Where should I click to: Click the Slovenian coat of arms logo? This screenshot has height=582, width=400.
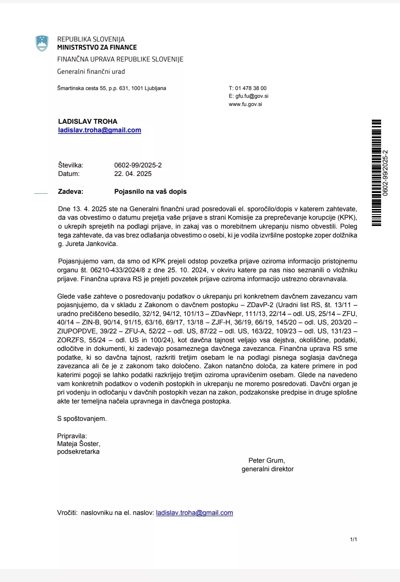tap(42, 43)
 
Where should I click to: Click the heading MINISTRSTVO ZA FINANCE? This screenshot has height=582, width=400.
tap(97, 47)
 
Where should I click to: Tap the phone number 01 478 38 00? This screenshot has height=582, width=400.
tap(251, 88)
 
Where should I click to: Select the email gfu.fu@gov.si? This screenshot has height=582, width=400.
tap(252, 96)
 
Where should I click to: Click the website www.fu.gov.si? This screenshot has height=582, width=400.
tap(245, 104)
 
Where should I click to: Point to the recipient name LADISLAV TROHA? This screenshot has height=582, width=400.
tap(88, 122)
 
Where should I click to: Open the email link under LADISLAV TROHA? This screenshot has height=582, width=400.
tap(100, 130)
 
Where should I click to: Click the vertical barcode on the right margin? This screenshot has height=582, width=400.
tap(376, 173)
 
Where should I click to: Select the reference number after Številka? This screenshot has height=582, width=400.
tap(138, 165)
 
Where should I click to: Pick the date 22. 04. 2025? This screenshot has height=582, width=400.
tap(133, 174)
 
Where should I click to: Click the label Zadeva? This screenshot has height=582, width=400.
tap(71, 192)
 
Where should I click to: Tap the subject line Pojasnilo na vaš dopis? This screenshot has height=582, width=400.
tap(150, 192)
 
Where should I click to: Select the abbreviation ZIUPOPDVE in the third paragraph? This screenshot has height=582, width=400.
tap(76, 331)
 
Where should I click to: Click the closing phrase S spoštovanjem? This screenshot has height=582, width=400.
tap(82, 419)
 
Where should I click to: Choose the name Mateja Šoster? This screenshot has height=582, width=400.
tap(78, 444)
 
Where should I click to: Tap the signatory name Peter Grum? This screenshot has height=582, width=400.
tap(266, 460)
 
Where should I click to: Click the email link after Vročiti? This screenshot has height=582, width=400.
tap(194, 513)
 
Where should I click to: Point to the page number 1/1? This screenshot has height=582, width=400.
tap(353, 539)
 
